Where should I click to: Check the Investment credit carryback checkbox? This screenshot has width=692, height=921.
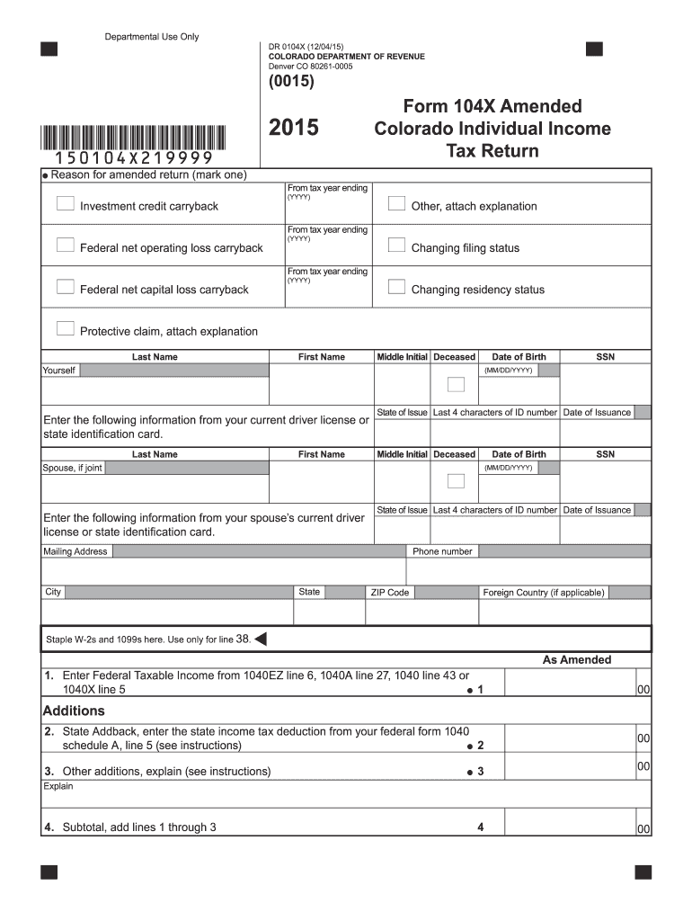pyautogui.click(x=65, y=204)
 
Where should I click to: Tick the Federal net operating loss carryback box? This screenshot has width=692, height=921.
pyautogui.click(x=65, y=245)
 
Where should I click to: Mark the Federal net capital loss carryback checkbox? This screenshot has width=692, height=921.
pyautogui.click(x=65, y=287)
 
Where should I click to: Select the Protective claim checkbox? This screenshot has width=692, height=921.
pyautogui.click(x=65, y=328)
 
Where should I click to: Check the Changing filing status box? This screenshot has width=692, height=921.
pyautogui.click(x=396, y=245)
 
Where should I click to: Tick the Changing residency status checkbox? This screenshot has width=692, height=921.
pyautogui.click(x=396, y=287)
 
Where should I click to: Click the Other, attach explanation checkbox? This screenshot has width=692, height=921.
pyautogui.click(x=396, y=203)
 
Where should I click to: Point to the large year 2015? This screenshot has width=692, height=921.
pyautogui.click(x=294, y=129)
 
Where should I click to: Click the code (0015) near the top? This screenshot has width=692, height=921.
pyautogui.click(x=291, y=82)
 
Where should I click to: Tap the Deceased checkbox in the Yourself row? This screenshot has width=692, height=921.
pyautogui.click(x=456, y=384)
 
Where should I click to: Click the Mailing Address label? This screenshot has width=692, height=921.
pyautogui.click(x=75, y=551)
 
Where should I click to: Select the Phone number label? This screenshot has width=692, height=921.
pyautogui.click(x=442, y=551)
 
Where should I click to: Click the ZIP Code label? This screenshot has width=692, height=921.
pyautogui.click(x=389, y=593)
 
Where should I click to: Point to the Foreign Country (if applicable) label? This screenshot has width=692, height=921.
pyautogui.click(x=544, y=593)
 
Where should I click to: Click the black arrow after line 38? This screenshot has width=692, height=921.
pyautogui.click(x=261, y=639)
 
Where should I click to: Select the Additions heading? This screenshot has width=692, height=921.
pyautogui.click(x=75, y=711)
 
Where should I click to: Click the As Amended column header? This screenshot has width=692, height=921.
pyautogui.click(x=577, y=660)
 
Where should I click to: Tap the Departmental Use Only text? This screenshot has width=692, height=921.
pyautogui.click(x=152, y=37)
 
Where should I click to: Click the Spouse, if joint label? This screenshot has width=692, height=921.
pyautogui.click(x=73, y=468)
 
